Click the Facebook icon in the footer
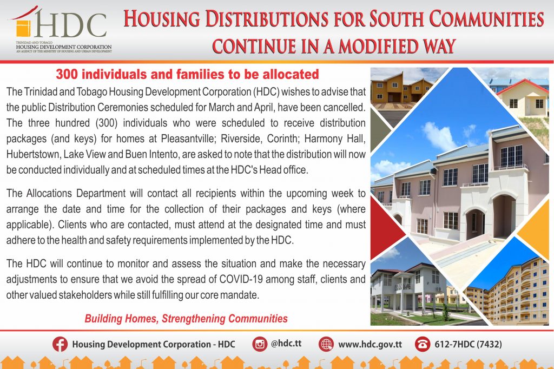click(x=60, y=344)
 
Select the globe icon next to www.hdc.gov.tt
click(x=326, y=344)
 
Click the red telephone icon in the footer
click(x=422, y=344)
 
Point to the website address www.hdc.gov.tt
click(x=370, y=344)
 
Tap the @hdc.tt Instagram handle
click(x=286, y=344)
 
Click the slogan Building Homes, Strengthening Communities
click(x=186, y=319)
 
